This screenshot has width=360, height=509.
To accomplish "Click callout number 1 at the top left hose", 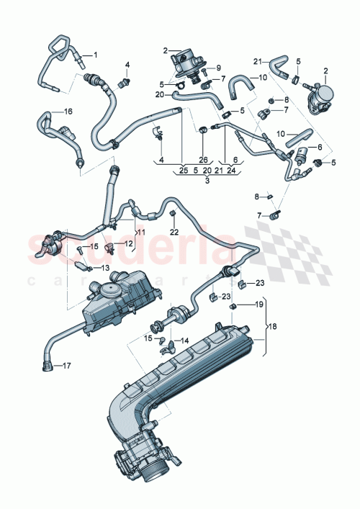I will click(94, 55).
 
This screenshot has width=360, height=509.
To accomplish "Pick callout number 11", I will click(141, 233).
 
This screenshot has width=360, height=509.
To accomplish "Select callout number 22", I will click(174, 231).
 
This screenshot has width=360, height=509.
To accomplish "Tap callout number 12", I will click(130, 245).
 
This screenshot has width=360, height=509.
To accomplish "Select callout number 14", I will click(184, 341).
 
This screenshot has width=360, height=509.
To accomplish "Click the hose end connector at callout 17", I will click(47, 366).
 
